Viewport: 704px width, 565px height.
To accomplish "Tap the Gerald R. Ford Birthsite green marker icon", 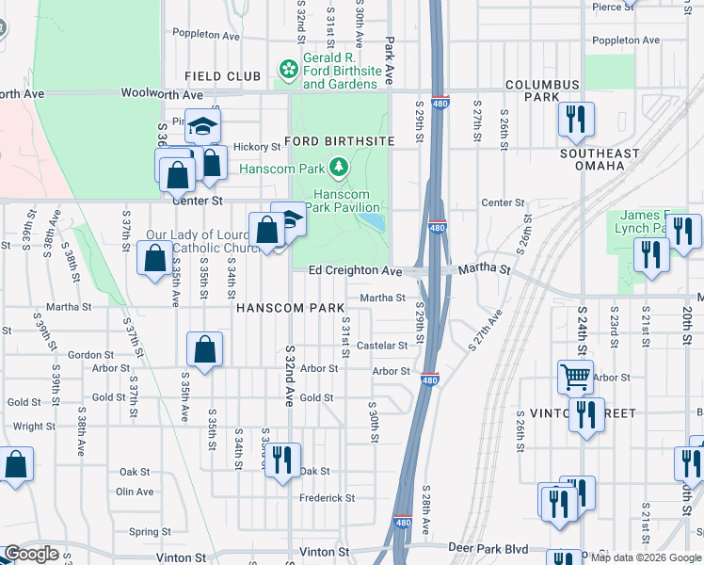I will (289, 70).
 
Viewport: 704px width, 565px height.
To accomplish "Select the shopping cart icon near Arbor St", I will (575, 377).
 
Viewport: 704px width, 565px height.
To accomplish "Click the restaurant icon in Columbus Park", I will (575, 120).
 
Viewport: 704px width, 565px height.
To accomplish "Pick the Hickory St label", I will (257, 147).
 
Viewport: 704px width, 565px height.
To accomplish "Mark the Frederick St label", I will (325, 497).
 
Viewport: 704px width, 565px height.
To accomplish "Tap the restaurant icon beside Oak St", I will (281, 460).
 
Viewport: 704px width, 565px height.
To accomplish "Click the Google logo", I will (31, 554).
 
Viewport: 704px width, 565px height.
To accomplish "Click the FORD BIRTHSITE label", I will (339, 141).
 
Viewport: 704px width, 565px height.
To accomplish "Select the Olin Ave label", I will (135, 492).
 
